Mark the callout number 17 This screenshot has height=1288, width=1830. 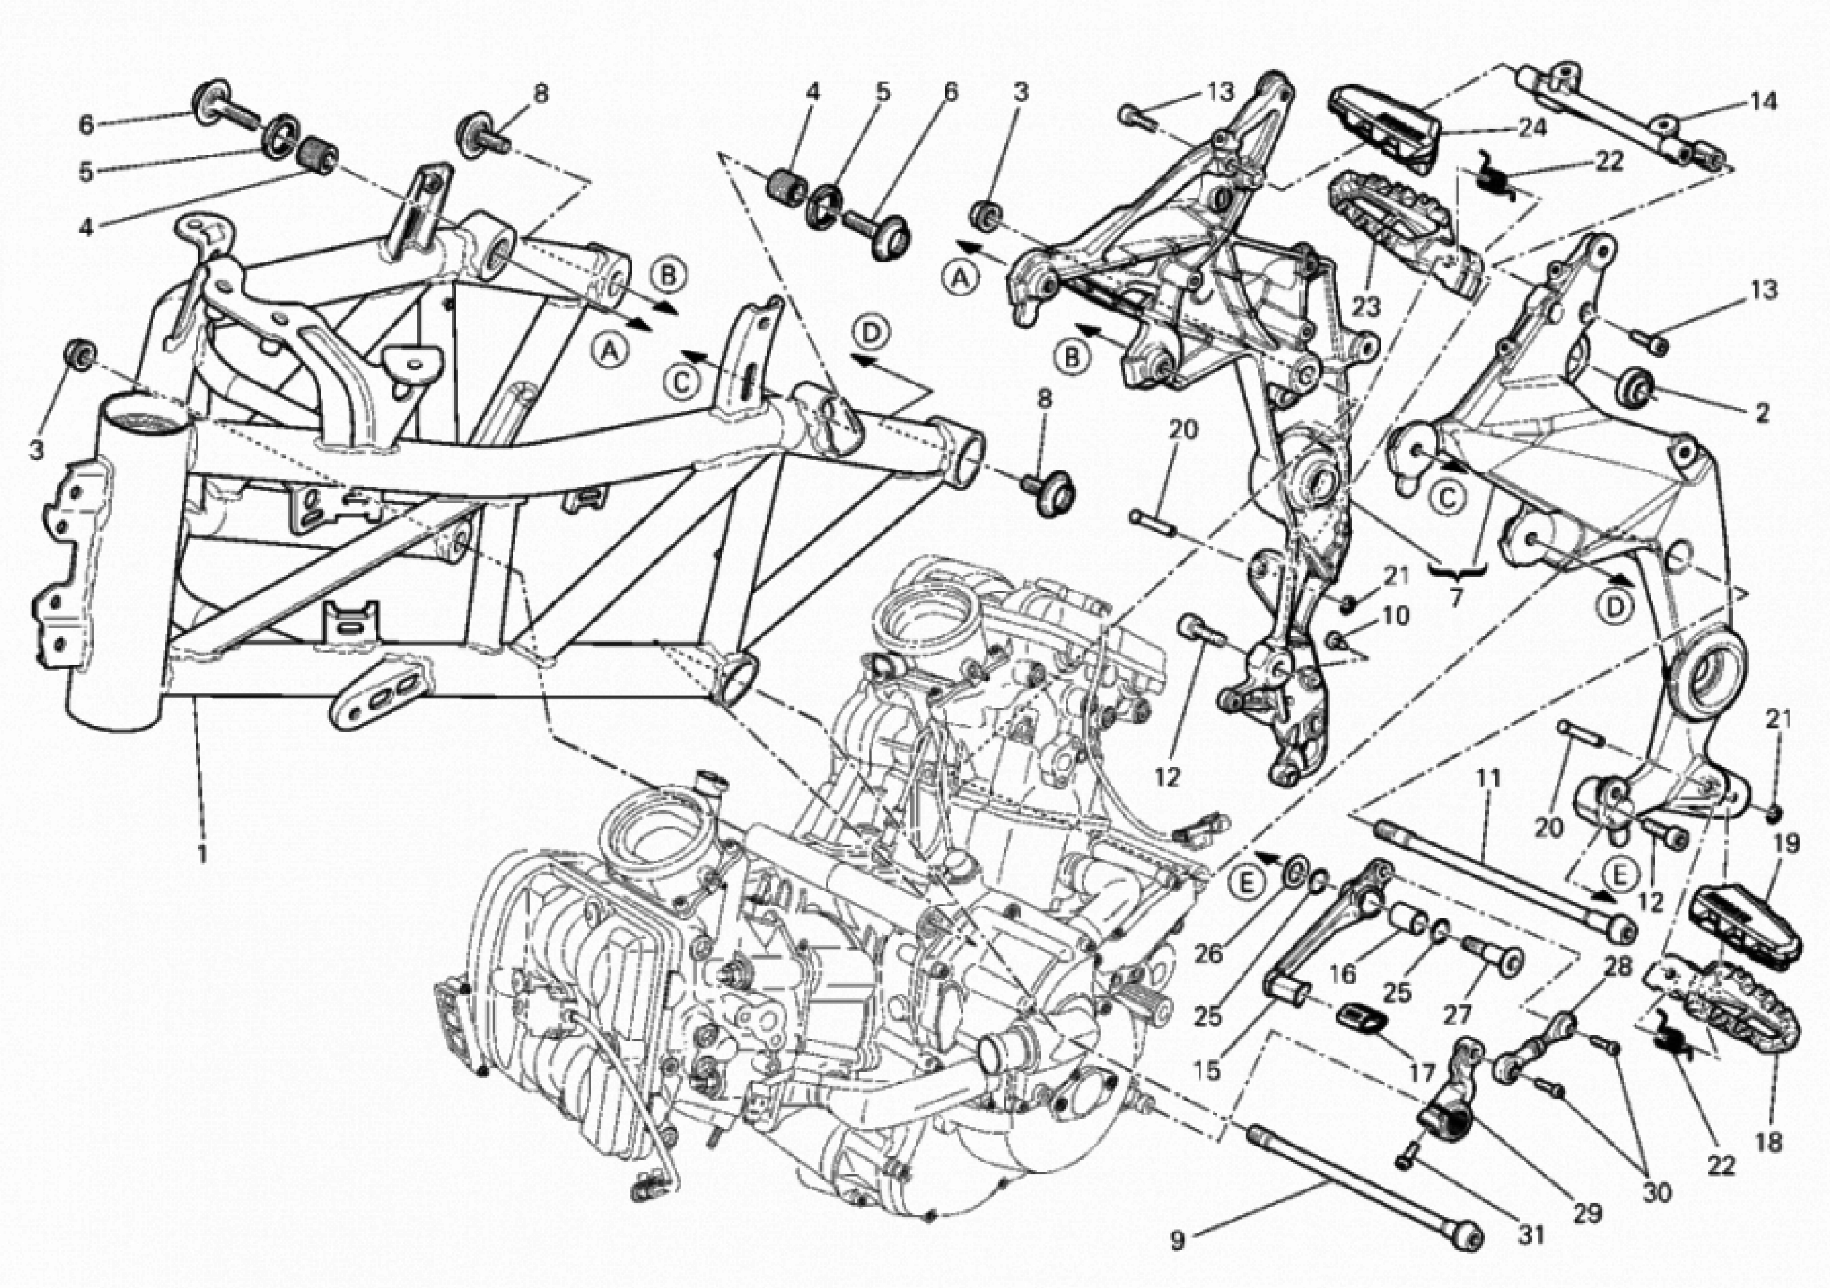point(1421,1072)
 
